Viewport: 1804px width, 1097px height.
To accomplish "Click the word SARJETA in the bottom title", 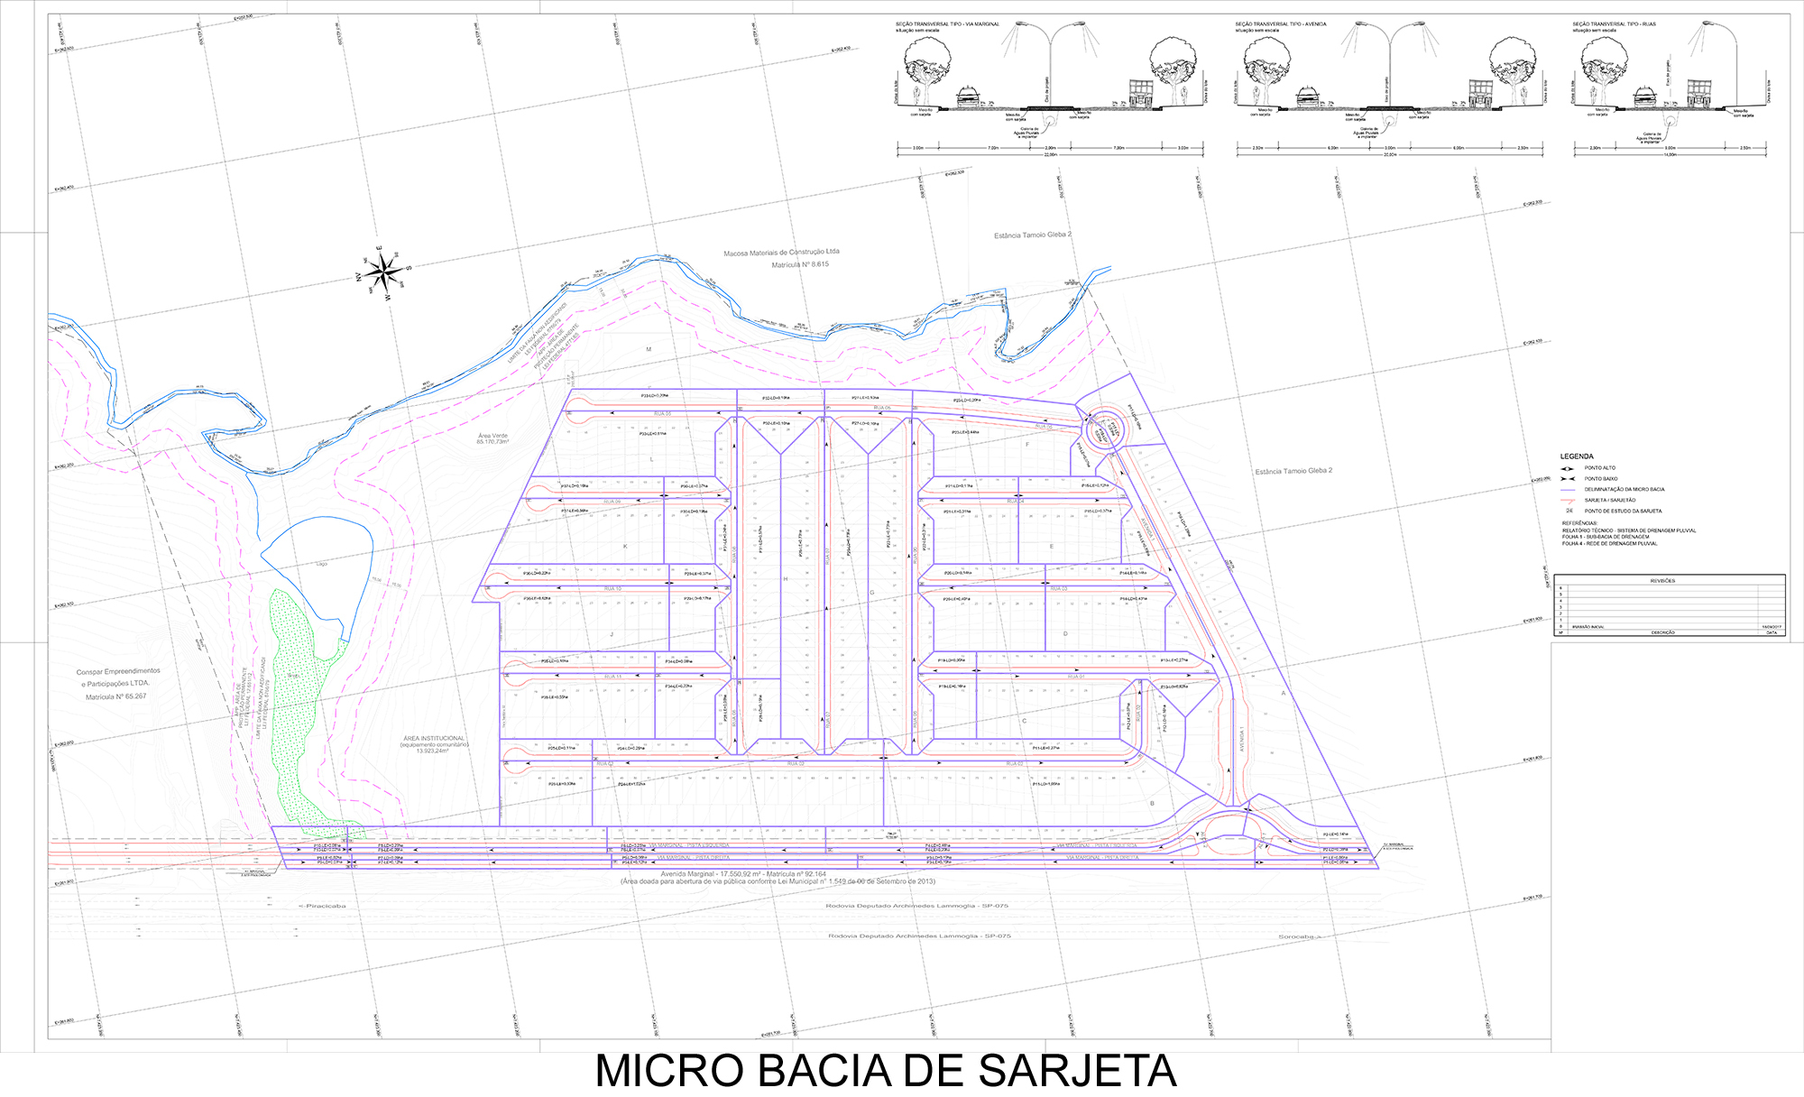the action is click(x=1077, y=1072).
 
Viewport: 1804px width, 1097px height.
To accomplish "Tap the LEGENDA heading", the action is click(x=1577, y=456).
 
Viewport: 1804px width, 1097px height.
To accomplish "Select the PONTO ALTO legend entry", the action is click(x=1600, y=468).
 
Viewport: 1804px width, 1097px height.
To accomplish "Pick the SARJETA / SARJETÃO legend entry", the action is click(x=1609, y=500).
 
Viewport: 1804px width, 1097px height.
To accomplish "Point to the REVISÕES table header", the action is click(x=1662, y=581).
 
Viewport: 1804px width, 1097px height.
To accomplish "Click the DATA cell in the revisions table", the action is click(x=1771, y=632).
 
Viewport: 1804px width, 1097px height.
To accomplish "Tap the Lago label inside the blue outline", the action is click(x=322, y=564).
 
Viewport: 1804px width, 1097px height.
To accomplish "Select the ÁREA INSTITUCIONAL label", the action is click(x=434, y=739).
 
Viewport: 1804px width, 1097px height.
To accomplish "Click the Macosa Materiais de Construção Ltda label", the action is click(x=781, y=253).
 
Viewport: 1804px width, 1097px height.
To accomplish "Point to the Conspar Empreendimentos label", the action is click(x=118, y=671).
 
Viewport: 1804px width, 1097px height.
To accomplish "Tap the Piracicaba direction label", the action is click(x=322, y=906).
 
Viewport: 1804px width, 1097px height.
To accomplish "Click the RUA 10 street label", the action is click(x=612, y=588).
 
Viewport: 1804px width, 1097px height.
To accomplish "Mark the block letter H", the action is click(x=785, y=578).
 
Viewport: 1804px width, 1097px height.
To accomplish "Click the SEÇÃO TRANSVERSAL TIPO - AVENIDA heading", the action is click(x=1281, y=24).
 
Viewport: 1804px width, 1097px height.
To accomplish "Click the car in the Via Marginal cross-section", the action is click(x=969, y=97).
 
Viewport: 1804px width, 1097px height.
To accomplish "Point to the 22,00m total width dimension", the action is click(x=1050, y=154).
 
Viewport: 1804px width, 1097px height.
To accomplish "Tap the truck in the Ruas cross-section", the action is click(x=1699, y=91).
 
